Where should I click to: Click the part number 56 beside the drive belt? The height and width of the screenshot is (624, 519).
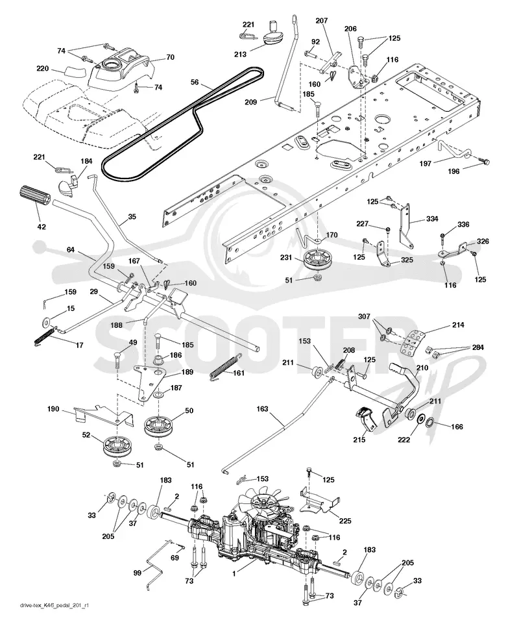(195, 82)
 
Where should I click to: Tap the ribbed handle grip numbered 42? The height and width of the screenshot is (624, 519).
(33, 197)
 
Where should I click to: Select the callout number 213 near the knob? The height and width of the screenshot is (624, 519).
(241, 54)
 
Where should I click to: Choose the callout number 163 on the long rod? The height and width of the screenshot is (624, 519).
(263, 408)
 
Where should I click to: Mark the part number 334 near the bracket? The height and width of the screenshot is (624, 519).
(432, 218)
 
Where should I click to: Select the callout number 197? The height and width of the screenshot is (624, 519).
(425, 164)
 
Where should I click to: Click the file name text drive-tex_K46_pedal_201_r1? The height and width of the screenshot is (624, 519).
(54, 617)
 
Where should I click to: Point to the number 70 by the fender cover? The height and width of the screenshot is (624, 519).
(170, 57)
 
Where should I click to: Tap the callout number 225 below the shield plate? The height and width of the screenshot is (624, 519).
(345, 521)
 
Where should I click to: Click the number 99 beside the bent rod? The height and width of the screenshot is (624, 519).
(137, 573)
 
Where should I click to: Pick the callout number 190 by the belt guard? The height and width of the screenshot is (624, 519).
(53, 408)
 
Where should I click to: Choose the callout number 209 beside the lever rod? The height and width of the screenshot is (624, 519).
(250, 102)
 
